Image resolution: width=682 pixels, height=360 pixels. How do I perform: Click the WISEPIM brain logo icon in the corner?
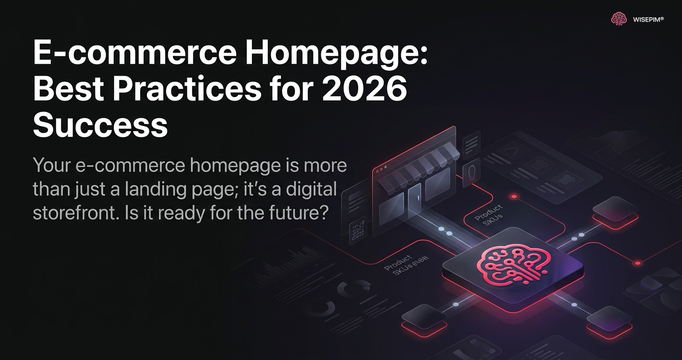(x=619, y=19)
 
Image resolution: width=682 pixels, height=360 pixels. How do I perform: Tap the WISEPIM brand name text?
(x=648, y=20)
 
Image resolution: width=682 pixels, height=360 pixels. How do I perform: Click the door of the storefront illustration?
(x=415, y=197)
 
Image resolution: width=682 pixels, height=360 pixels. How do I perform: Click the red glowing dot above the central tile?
(x=514, y=196)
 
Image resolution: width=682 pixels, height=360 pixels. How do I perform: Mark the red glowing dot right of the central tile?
(x=637, y=263)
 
